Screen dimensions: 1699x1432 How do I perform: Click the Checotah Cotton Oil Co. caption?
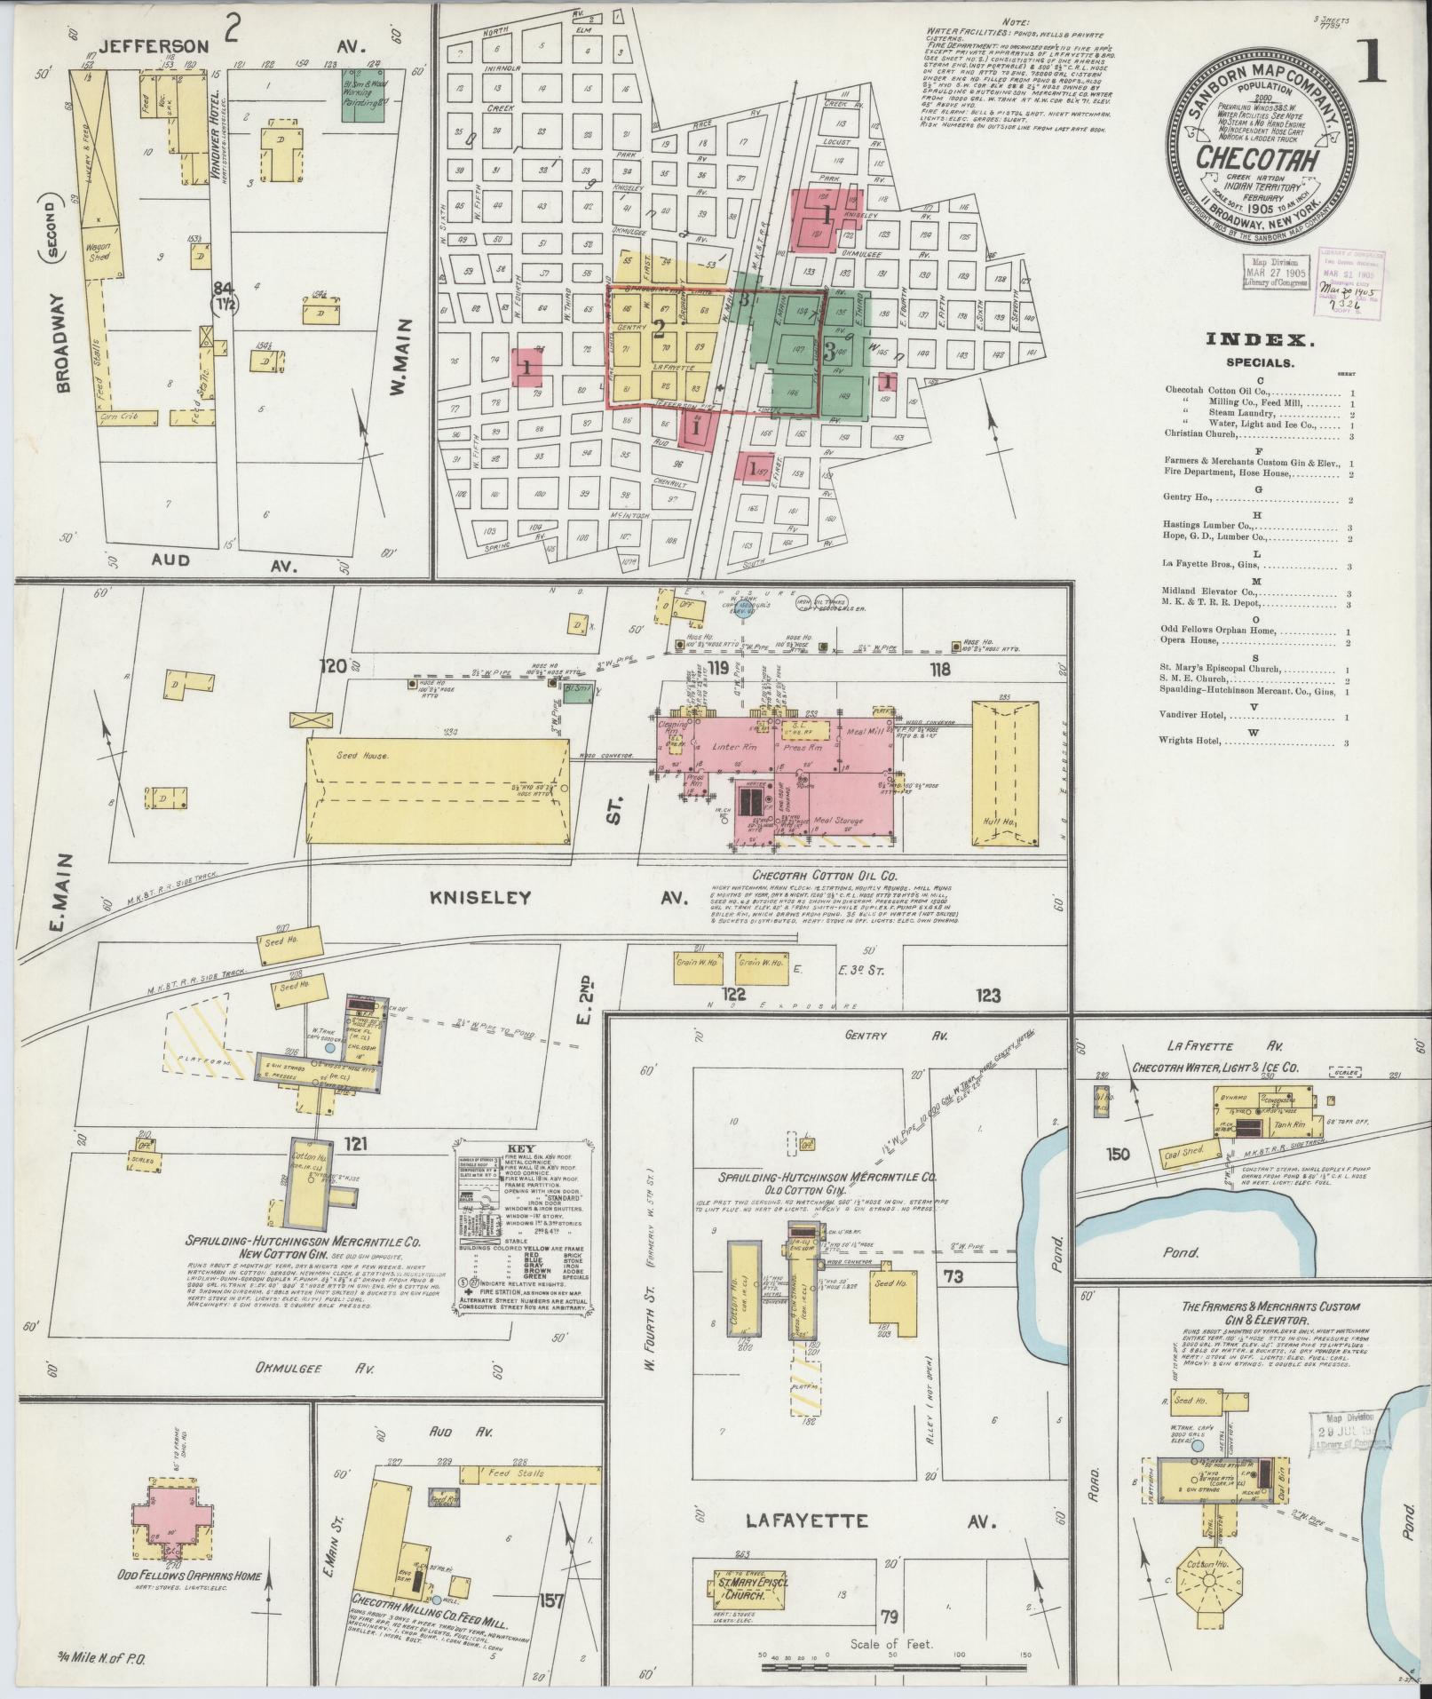pyautogui.click(x=813, y=875)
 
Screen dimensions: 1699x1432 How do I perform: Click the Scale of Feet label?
pyautogui.click(x=890, y=1644)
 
